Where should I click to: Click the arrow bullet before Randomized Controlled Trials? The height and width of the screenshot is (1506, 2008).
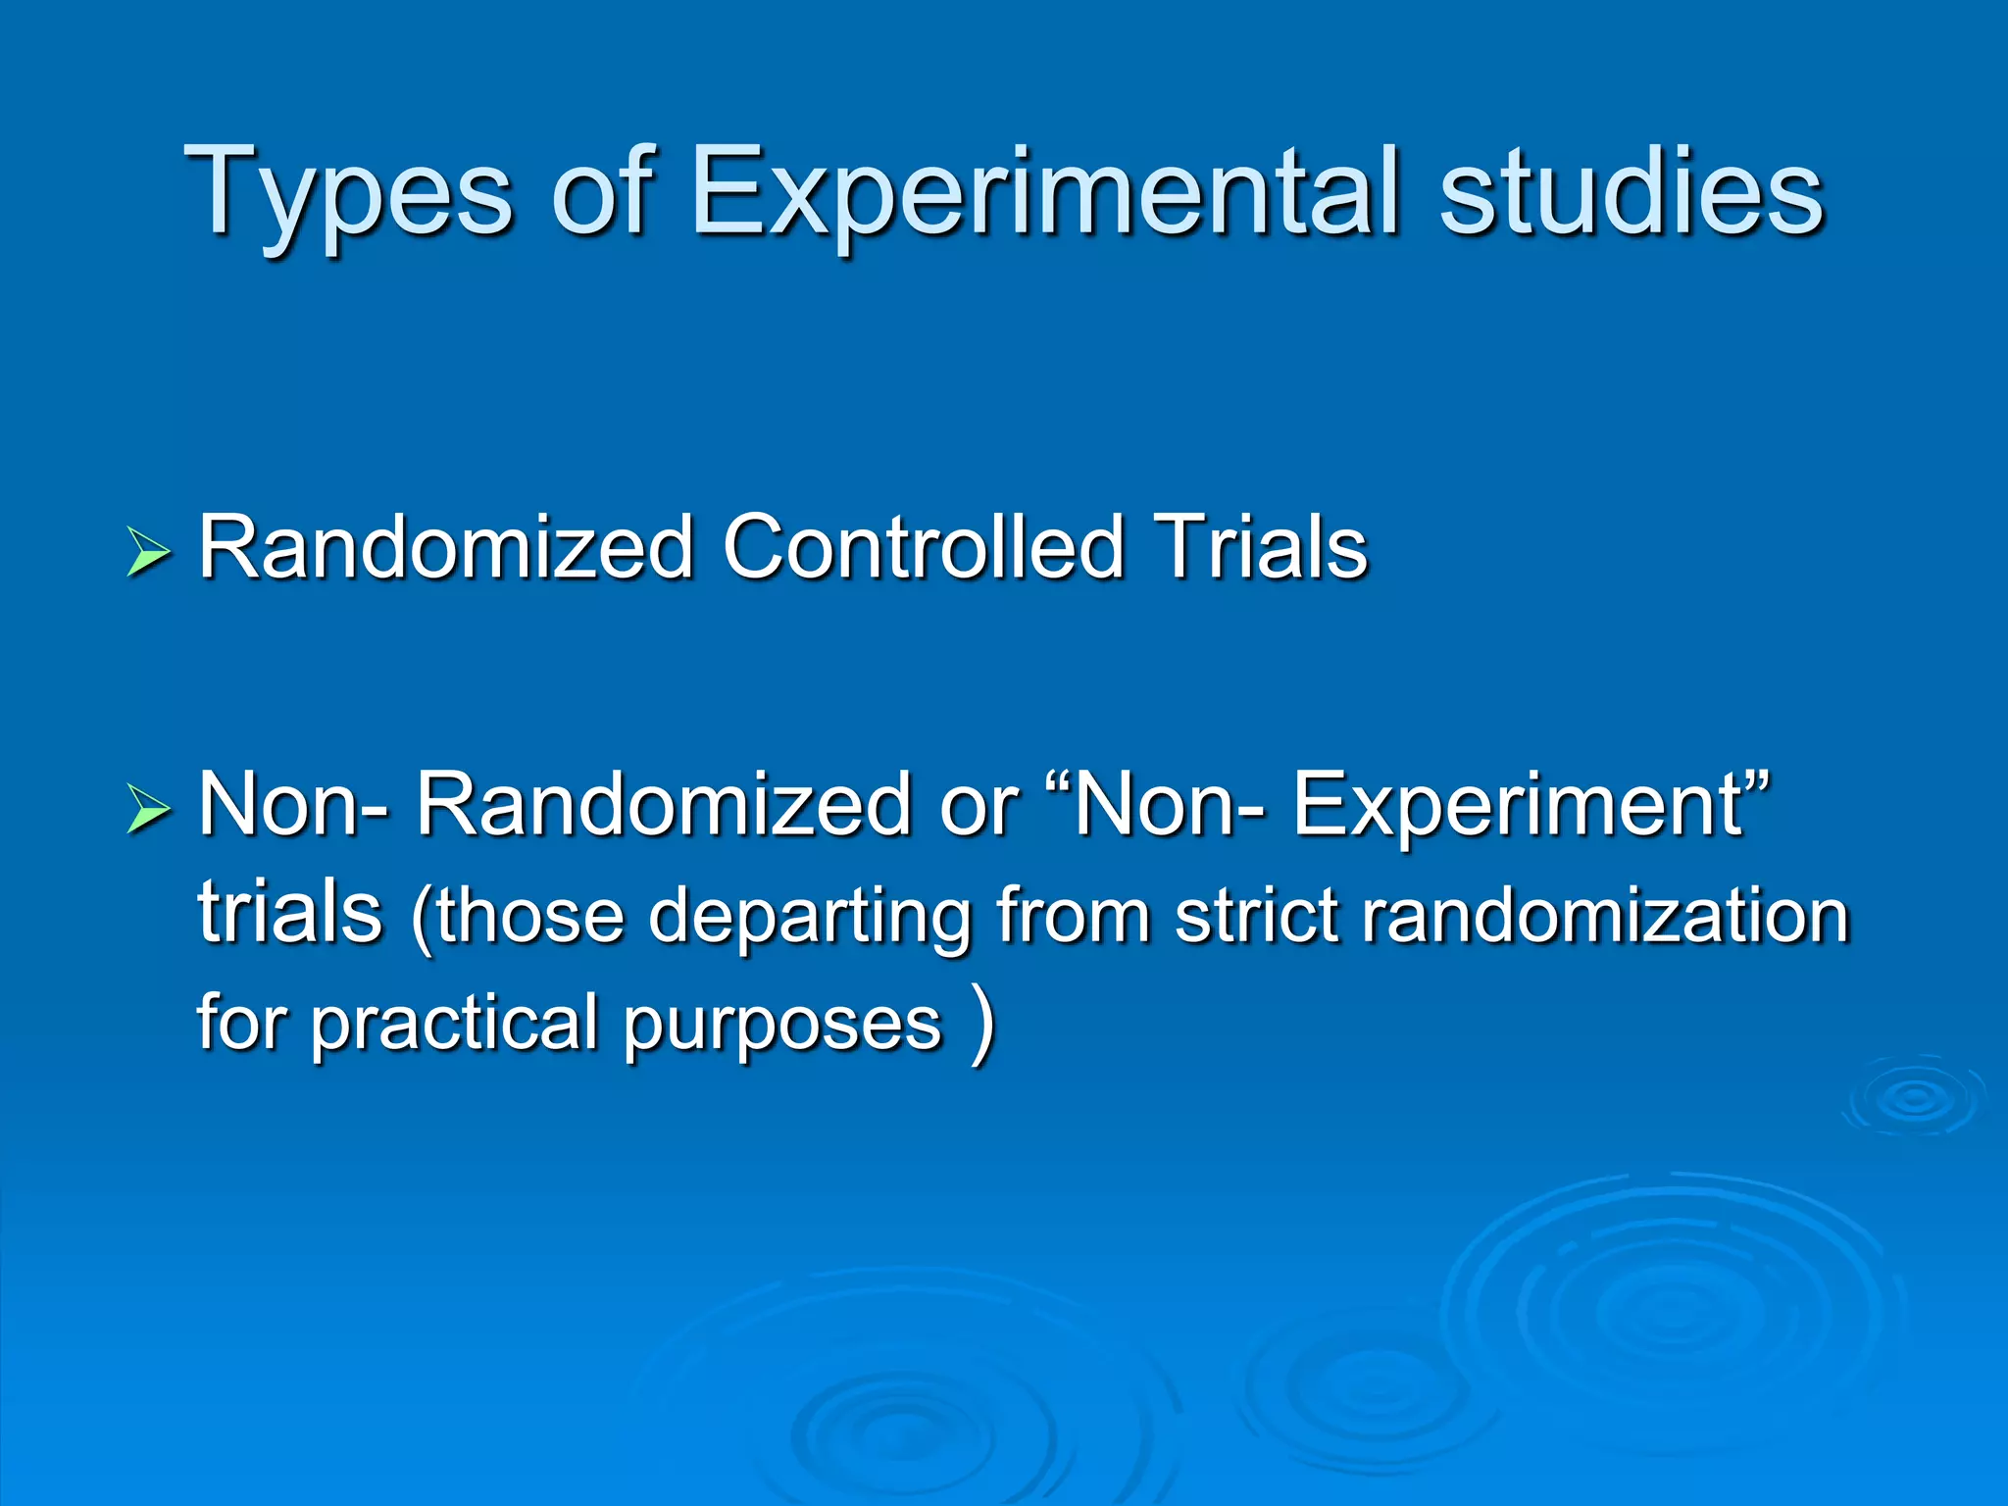coord(148,553)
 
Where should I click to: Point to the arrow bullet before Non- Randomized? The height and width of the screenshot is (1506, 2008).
coord(148,810)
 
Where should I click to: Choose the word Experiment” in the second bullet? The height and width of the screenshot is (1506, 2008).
coord(1530,806)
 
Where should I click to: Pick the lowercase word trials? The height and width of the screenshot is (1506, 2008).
coord(290,912)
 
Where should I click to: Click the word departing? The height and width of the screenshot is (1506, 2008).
coord(810,918)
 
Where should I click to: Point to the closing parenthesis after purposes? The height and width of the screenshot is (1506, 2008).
coord(981,1025)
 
